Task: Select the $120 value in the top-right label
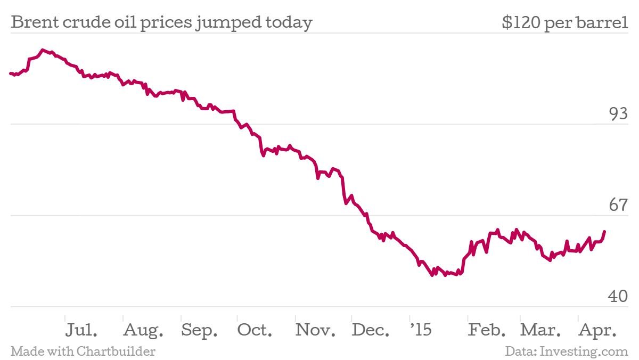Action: coord(520,23)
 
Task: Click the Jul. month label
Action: coord(81,330)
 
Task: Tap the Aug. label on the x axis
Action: coord(143,331)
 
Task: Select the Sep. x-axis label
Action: coord(199,331)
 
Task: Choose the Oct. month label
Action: coord(255,330)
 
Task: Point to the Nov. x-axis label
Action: coord(315,330)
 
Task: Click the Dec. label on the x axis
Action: coord(371,330)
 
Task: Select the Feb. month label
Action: coord(487,330)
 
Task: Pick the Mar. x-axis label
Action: coord(540,330)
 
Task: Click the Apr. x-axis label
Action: coord(598,331)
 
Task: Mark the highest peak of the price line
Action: coord(42,50)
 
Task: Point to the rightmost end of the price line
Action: coord(604,231)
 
